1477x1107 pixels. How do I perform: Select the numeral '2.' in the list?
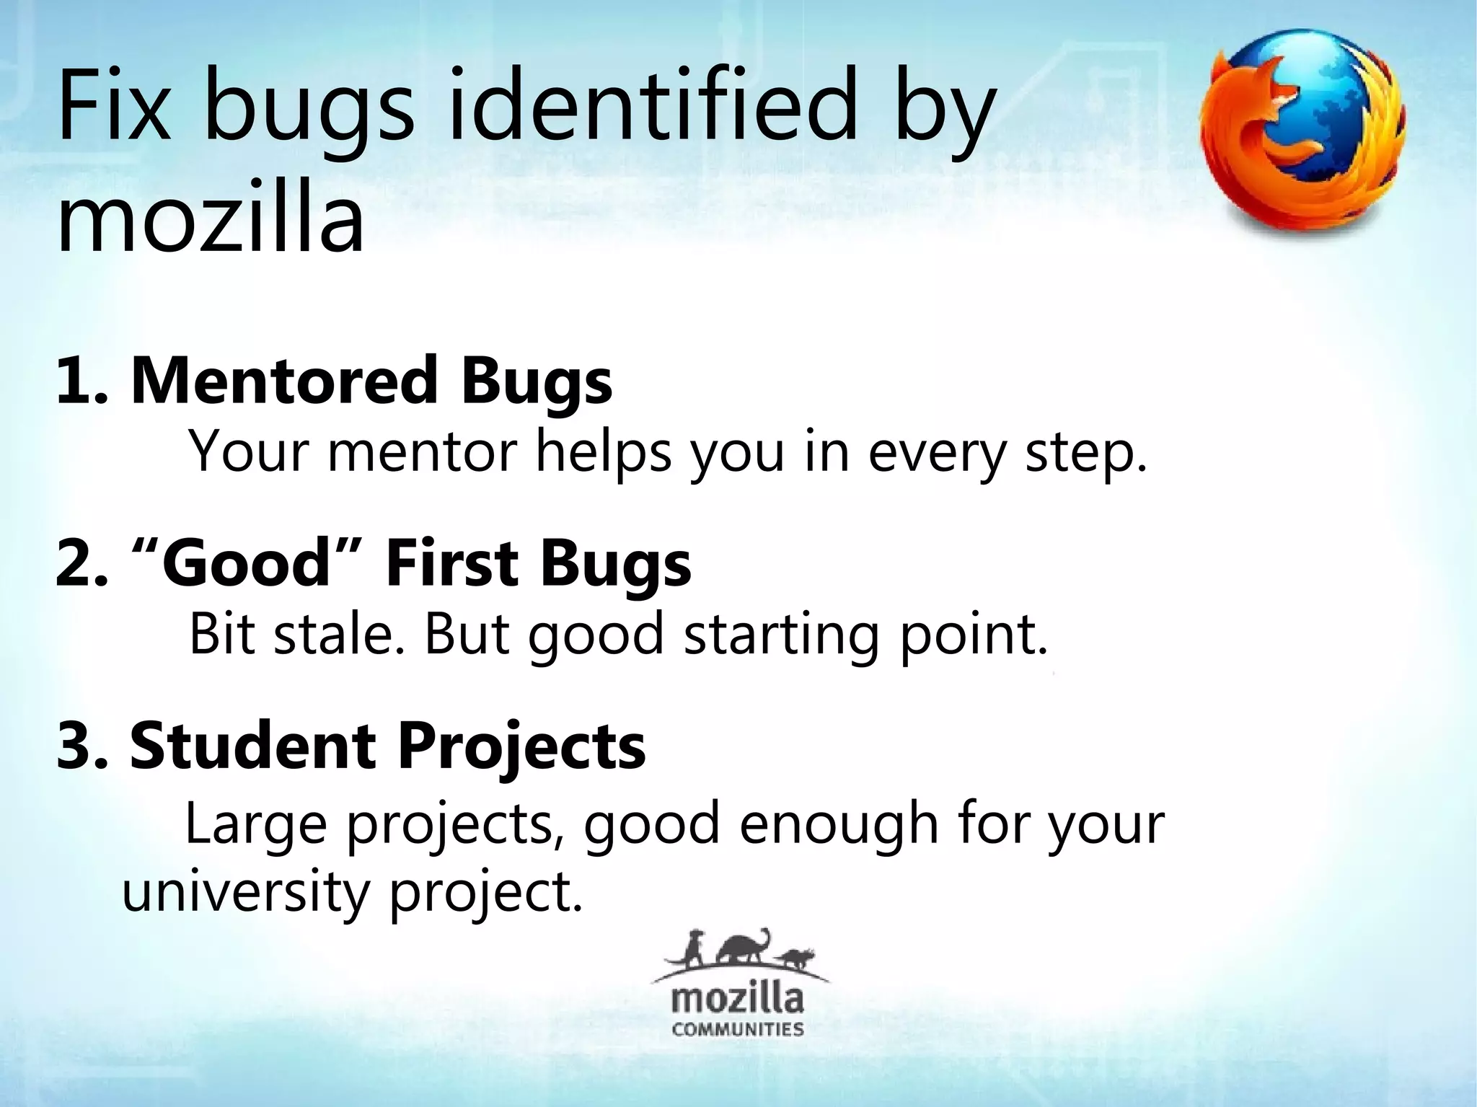point(81,563)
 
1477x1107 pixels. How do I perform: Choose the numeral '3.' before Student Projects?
point(81,746)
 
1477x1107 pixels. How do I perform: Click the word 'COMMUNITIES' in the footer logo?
point(738,1028)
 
